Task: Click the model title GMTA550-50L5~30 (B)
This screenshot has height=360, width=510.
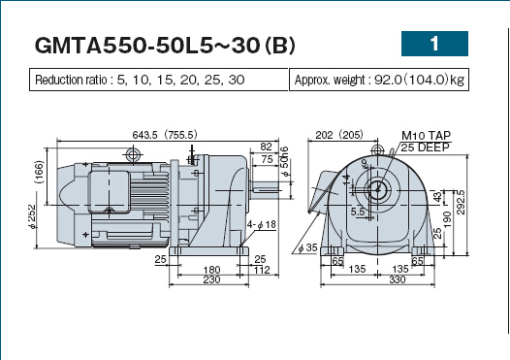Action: click(x=165, y=45)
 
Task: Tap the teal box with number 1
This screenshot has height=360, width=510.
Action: click(x=434, y=44)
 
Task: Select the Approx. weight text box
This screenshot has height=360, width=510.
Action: click(x=379, y=80)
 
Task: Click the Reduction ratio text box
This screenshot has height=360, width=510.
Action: click(x=159, y=80)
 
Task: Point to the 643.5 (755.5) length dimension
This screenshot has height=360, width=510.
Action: click(x=165, y=135)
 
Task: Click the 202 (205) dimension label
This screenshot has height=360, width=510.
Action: click(x=339, y=135)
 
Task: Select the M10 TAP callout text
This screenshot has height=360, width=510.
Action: click(x=426, y=136)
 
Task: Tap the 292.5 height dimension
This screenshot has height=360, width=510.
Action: click(x=462, y=203)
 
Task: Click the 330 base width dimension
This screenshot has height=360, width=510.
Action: click(x=398, y=279)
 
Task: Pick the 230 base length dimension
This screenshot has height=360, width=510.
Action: click(x=211, y=279)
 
